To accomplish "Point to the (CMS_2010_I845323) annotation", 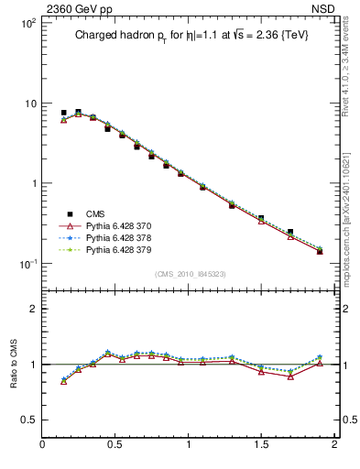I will point(189,273).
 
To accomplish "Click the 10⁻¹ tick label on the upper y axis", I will point(27,264).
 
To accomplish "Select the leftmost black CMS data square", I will point(63,113).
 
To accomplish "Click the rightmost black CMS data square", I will point(320,251).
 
